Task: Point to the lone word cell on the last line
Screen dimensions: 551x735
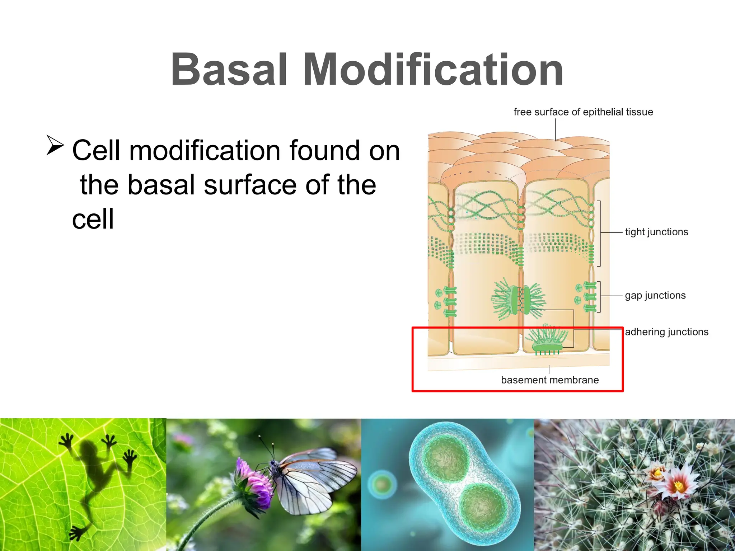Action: (x=93, y=219)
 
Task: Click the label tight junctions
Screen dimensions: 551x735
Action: (x=656, y=232)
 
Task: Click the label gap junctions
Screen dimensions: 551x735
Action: (x=655, y=296)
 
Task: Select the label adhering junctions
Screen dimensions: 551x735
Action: (x=666, y=332)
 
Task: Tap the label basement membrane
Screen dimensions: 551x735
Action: (x=550, y=380)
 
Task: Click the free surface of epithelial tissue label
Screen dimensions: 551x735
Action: (x=583, y=112)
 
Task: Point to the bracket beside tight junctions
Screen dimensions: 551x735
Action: (x=599, y=233)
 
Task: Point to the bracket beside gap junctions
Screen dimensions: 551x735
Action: (x=599, y=297)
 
